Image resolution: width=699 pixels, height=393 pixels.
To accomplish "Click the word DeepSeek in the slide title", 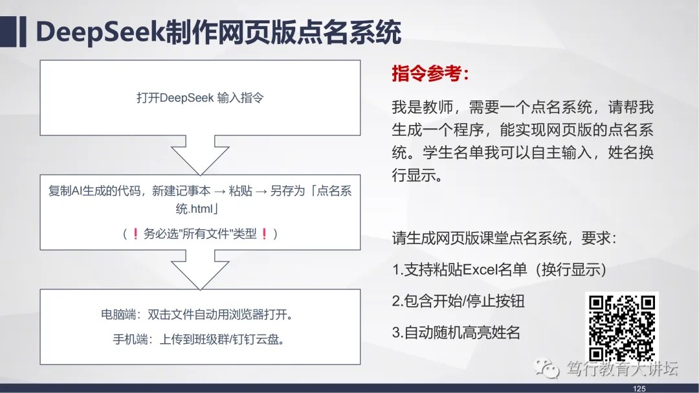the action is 100,32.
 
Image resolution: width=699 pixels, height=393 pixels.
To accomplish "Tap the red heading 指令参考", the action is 430,74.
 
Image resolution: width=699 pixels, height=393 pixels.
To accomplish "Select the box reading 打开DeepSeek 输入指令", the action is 200,98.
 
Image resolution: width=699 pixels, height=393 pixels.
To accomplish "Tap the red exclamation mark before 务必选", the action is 135,233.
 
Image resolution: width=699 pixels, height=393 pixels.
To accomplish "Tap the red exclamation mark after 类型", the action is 264,233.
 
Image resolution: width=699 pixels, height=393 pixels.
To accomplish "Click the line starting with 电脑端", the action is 197,315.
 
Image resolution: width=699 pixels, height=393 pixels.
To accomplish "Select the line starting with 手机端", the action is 199,339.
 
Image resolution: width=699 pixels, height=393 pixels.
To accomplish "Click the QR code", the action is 622,328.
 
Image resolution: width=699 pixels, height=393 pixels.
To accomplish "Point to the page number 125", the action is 639,388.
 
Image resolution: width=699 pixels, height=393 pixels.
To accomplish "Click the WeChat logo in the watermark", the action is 546,368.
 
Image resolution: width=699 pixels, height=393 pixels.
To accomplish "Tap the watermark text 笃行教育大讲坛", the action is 623,368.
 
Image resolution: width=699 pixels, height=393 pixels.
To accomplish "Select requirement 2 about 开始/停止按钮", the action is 458,300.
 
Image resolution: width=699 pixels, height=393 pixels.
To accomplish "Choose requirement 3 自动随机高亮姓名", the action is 456,332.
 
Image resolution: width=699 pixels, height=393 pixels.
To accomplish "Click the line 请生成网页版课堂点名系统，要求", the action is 504,238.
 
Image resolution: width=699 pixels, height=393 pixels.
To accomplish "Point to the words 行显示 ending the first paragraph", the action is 414,175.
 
